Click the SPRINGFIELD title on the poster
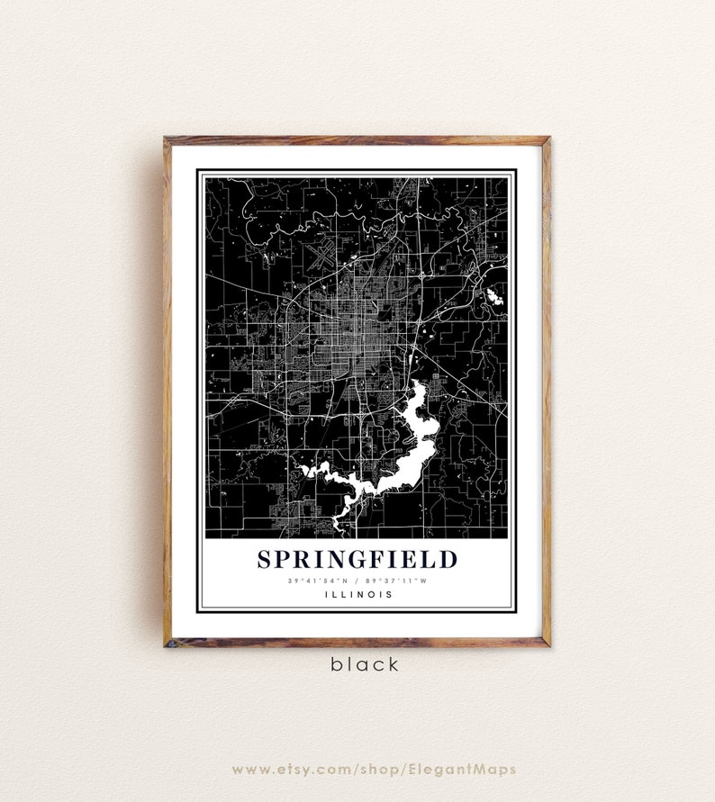point(357,559)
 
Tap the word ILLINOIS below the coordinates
point(357,594)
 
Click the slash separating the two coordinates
point(357,581)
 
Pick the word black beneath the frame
point(364,665)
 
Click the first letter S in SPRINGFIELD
point(264,559)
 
